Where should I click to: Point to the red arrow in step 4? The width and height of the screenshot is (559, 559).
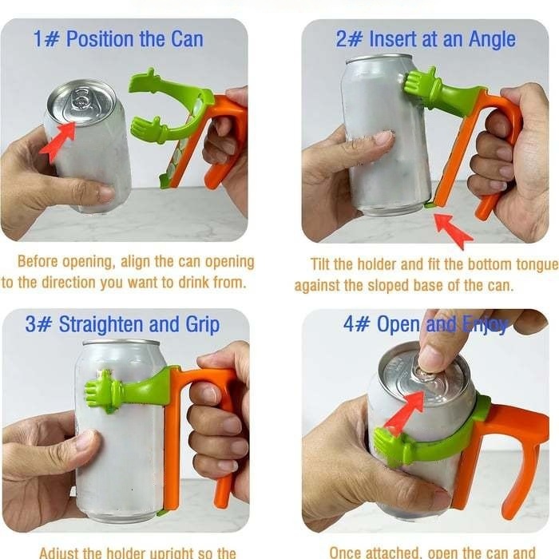404,412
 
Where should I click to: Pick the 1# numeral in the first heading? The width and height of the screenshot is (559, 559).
46,39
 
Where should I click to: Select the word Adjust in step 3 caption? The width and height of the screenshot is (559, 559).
62,551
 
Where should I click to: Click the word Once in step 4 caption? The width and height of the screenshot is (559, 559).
349,551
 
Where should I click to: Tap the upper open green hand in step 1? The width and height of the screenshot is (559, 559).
152,85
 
